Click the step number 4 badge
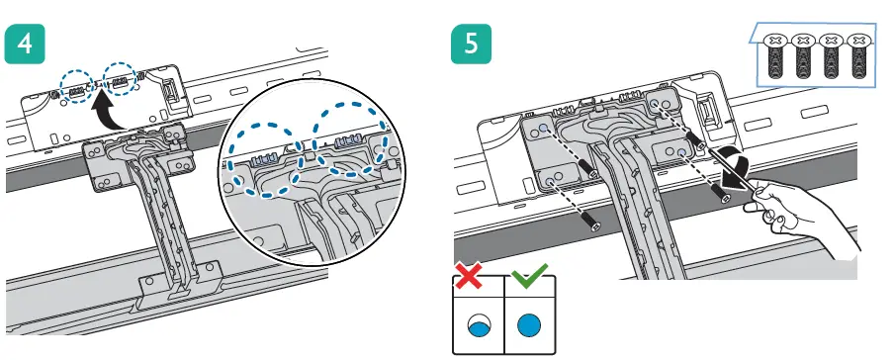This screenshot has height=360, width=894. click(25, 44)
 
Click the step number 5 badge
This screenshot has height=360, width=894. click(471, 44)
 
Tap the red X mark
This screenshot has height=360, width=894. click(468, 277)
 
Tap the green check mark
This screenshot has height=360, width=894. click(528, 275)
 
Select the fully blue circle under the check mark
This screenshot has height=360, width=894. click(530, 325)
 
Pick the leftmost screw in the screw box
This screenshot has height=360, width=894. click(775, 55)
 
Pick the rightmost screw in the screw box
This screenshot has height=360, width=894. click(858, 55)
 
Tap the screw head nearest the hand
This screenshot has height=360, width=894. click(725, 198)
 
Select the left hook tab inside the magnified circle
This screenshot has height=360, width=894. click(263, 161)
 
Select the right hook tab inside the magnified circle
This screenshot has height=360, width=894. click(347, 142)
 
